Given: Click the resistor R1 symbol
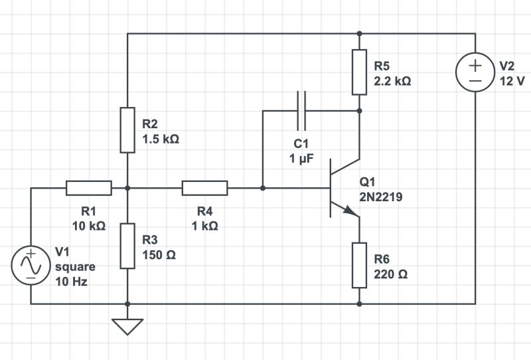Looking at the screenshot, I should [88, 188].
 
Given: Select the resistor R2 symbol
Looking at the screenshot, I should [127, 129].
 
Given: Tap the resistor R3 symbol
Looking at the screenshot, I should [127, 245].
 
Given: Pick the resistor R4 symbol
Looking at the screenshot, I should [204, 188].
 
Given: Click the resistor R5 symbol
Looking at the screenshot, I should [359, 72].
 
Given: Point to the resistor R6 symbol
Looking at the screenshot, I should [359, 265].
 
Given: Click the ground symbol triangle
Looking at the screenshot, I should [127, 326].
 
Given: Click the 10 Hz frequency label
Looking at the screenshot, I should [71, 281].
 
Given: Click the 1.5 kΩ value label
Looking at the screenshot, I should [161, 139].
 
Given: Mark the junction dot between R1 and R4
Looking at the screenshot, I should [127, 188].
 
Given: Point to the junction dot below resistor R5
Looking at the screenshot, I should [359, 110].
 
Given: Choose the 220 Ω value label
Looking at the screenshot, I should [392, 274].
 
